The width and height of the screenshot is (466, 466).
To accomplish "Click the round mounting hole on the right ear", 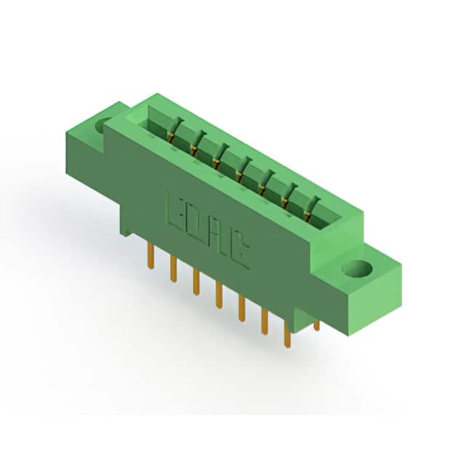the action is [x=357, y=268].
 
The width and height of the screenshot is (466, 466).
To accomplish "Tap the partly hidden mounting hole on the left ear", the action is [x=100, y=127].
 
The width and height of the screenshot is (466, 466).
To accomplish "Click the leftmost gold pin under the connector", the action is [x=151, y=256].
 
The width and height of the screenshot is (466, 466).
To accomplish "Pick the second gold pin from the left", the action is [x=174, y=269].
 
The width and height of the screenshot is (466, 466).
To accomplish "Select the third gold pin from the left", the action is [x=196, y=282].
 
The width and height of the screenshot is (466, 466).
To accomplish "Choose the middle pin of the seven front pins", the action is [x=219, y=295].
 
